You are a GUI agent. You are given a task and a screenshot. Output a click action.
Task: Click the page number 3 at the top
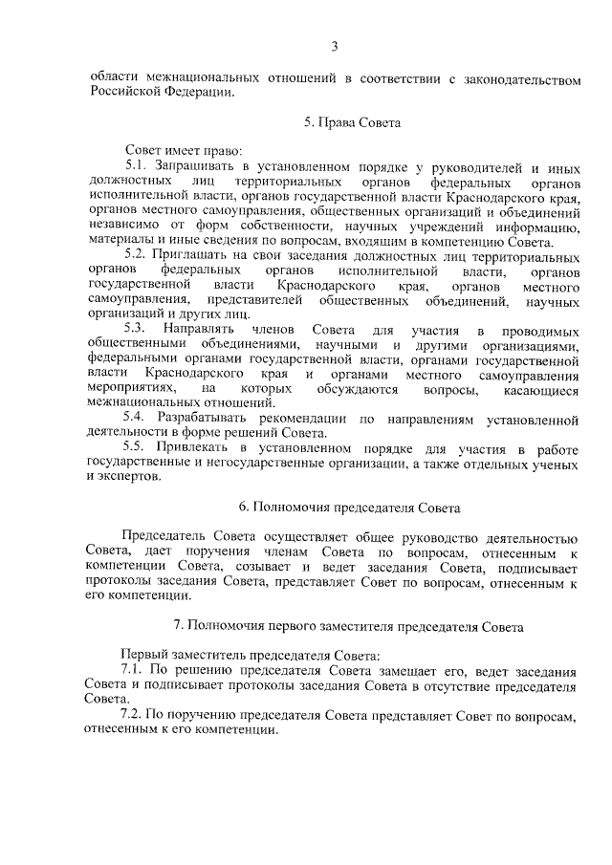click(335, 46)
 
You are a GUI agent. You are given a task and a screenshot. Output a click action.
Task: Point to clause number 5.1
click(137, 167)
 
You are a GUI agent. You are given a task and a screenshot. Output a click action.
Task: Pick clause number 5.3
click(137, 330)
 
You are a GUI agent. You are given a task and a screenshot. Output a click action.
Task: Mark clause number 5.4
click(137, 419)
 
